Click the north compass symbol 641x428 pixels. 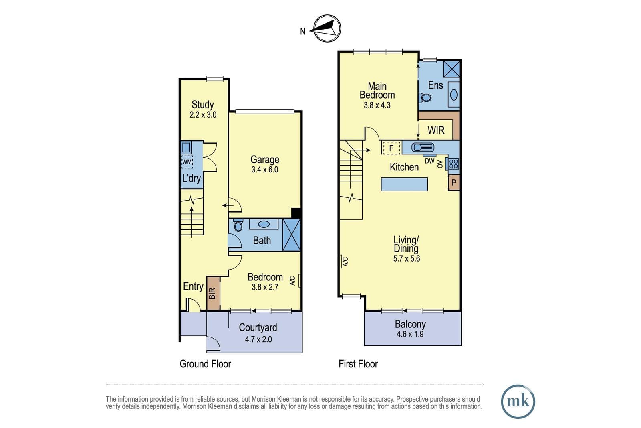coord(327,28)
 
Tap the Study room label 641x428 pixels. coord(203,105)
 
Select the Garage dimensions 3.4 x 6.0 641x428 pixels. coord(265,170)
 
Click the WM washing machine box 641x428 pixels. coord(187,162)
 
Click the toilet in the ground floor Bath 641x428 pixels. coord(238,225)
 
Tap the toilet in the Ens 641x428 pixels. coord(425,98)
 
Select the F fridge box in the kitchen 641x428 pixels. coord(391,148)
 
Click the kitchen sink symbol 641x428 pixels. coord(423,147)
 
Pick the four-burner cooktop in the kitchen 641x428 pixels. coord(454,164)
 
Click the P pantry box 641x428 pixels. coord(454,183)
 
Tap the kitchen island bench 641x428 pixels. coord(404,184)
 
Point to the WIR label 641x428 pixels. coord(436,130)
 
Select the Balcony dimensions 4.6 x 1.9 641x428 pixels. coord(410,334)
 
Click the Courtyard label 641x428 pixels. coord(258,327)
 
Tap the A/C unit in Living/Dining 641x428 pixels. coord(341,261)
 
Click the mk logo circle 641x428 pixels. coord(518,402)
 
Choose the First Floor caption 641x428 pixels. coord(358,364)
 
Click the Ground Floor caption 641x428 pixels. coord(205,364)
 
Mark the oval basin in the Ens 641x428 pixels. coord(454,95)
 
